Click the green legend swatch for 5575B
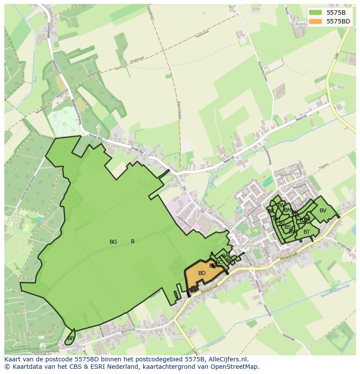[316, 13]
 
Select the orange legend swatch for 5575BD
[316, 21]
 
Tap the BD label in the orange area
[202, 273]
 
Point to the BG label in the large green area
[113, 242]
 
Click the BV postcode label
[323, 211]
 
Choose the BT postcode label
[307, 232]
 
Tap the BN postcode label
[281, 205]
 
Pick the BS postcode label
[288, 227]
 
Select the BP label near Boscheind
[71, 338]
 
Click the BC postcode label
[219, 262]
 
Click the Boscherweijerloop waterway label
[335, 291]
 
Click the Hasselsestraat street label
[252, 211]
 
